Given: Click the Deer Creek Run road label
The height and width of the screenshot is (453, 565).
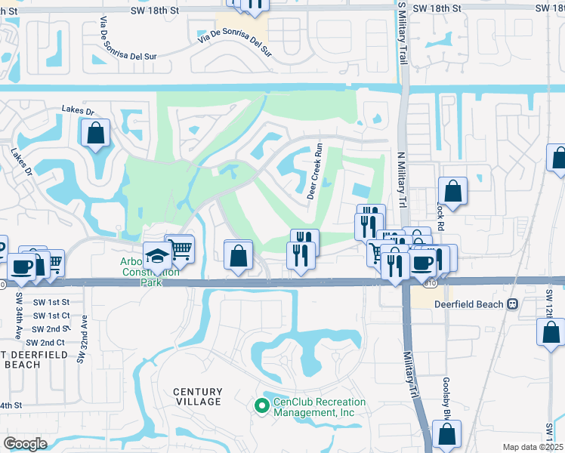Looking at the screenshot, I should [316, 173].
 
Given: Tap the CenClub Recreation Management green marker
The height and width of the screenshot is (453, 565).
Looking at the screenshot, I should [262, 406].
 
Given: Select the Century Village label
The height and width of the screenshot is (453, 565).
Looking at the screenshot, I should [198, 396].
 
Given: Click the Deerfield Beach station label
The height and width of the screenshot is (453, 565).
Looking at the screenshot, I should [468, 304].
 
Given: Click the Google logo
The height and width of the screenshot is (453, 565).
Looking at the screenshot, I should [25, 443].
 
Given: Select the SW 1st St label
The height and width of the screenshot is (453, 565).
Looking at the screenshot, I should [51, 301].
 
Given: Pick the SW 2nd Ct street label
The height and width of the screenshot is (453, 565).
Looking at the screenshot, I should [51, 342].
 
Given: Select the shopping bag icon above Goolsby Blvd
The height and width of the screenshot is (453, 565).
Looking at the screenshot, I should [446, 434].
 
